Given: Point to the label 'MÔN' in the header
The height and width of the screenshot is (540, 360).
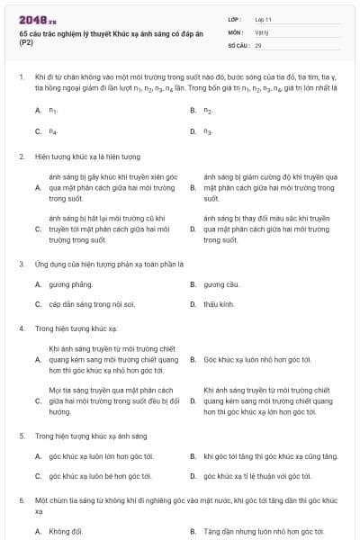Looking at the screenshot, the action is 236,31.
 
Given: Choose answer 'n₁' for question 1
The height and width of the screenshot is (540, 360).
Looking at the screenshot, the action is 54,110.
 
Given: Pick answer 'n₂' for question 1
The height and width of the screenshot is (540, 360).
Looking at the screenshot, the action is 208,110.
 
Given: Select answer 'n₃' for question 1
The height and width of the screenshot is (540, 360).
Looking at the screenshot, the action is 208,131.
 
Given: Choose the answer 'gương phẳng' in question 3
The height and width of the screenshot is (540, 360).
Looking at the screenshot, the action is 69,283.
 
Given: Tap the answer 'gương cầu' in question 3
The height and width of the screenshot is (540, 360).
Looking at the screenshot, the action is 220,283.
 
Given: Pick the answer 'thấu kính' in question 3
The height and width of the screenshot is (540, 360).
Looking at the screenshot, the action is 219,304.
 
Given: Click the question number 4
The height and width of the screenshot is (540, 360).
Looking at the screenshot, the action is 20,328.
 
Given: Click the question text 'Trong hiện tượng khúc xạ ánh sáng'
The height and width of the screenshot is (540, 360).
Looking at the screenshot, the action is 90,436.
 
